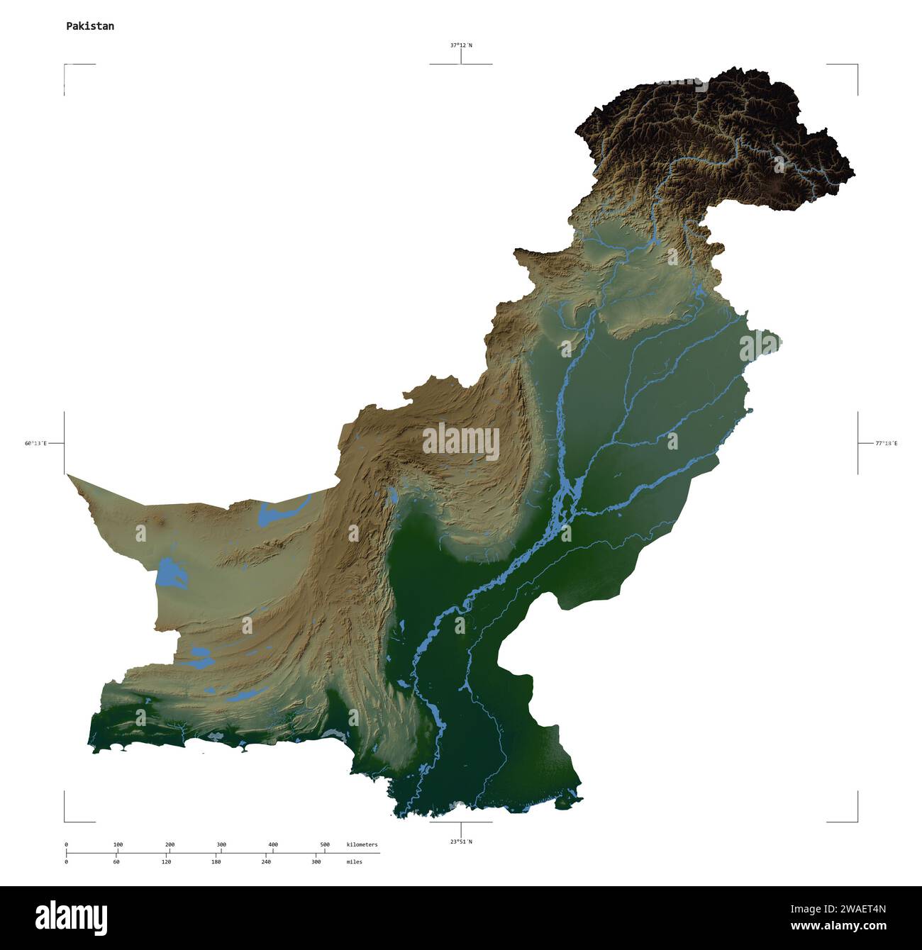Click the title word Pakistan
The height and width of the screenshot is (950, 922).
(x=90, y=26)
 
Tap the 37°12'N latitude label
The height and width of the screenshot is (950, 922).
(x=461, y=45)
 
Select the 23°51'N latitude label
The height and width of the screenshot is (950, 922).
(x=461, y=842)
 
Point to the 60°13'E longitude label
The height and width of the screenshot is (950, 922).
(x=35, y=443)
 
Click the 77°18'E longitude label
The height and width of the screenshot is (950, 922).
(x=886, y=443)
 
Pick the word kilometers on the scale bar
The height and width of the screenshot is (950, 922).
(x=362, y=844)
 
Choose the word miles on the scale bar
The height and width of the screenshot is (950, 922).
(x=355, y=862)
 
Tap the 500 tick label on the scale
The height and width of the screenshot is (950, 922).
(x=325, y=844)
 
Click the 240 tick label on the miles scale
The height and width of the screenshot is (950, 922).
(x=266, y=862)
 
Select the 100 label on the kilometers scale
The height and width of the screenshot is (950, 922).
(x=118, y=844)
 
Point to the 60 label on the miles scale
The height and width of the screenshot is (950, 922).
(x=116, y=862)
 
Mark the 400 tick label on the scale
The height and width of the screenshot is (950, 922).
(x=273, y=844)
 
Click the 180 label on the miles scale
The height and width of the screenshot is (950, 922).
(x=216, y=862)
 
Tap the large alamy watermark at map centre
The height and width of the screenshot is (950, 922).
(x=461, y=442)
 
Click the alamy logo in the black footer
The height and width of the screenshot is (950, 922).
(x=72, y=917)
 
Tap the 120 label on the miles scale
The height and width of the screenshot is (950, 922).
(x=166, y=862)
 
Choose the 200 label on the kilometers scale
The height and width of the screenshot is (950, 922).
(x=170, y=844)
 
